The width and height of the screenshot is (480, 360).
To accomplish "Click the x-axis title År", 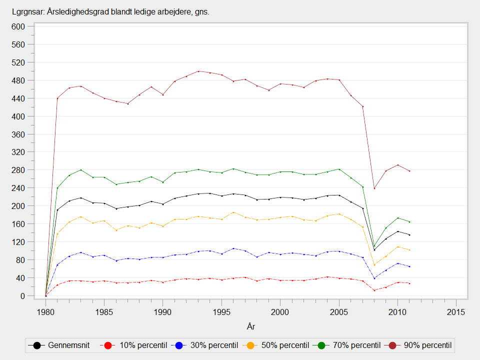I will tap(251, 326).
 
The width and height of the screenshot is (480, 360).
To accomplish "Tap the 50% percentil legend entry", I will tap(279, 345).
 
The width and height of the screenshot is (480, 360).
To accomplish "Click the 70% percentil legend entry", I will tap(350, 345).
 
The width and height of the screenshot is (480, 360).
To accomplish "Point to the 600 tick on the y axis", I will tap(18, 26).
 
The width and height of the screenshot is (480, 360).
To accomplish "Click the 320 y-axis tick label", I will tap(18, 152).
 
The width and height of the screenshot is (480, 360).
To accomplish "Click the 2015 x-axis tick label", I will tap(456, 312).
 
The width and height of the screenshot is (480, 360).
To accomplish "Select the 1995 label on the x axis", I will tap(221, 312).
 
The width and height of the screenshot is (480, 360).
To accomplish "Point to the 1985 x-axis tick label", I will tap(104, 312).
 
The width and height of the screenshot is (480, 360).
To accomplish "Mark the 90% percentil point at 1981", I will tap(57, 98).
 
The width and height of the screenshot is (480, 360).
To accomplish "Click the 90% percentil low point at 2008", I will tap(374, 188).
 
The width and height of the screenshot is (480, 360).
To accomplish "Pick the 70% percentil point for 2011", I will tap(409, 222).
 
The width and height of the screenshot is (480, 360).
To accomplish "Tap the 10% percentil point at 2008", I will tap(374, 290).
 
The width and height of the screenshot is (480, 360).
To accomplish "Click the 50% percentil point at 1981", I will tap(57, 233).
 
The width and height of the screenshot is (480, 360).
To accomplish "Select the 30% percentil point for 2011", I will tap(409, 266).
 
